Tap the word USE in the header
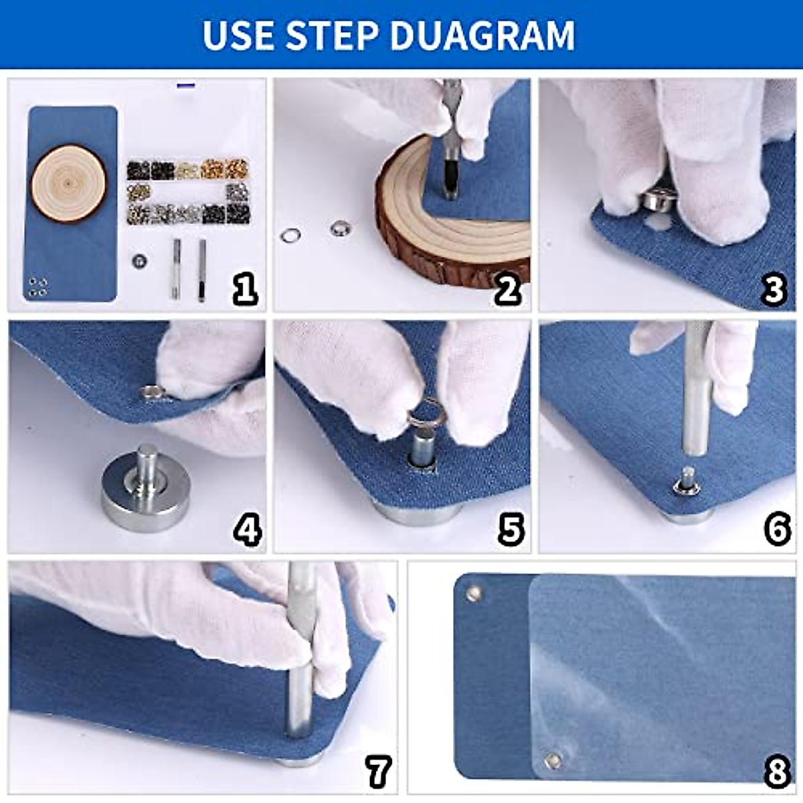tap(238, 35)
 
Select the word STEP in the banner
tap(334, 35)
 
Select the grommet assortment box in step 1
tap(188, 191)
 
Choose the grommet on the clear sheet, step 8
tap(553, 759)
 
